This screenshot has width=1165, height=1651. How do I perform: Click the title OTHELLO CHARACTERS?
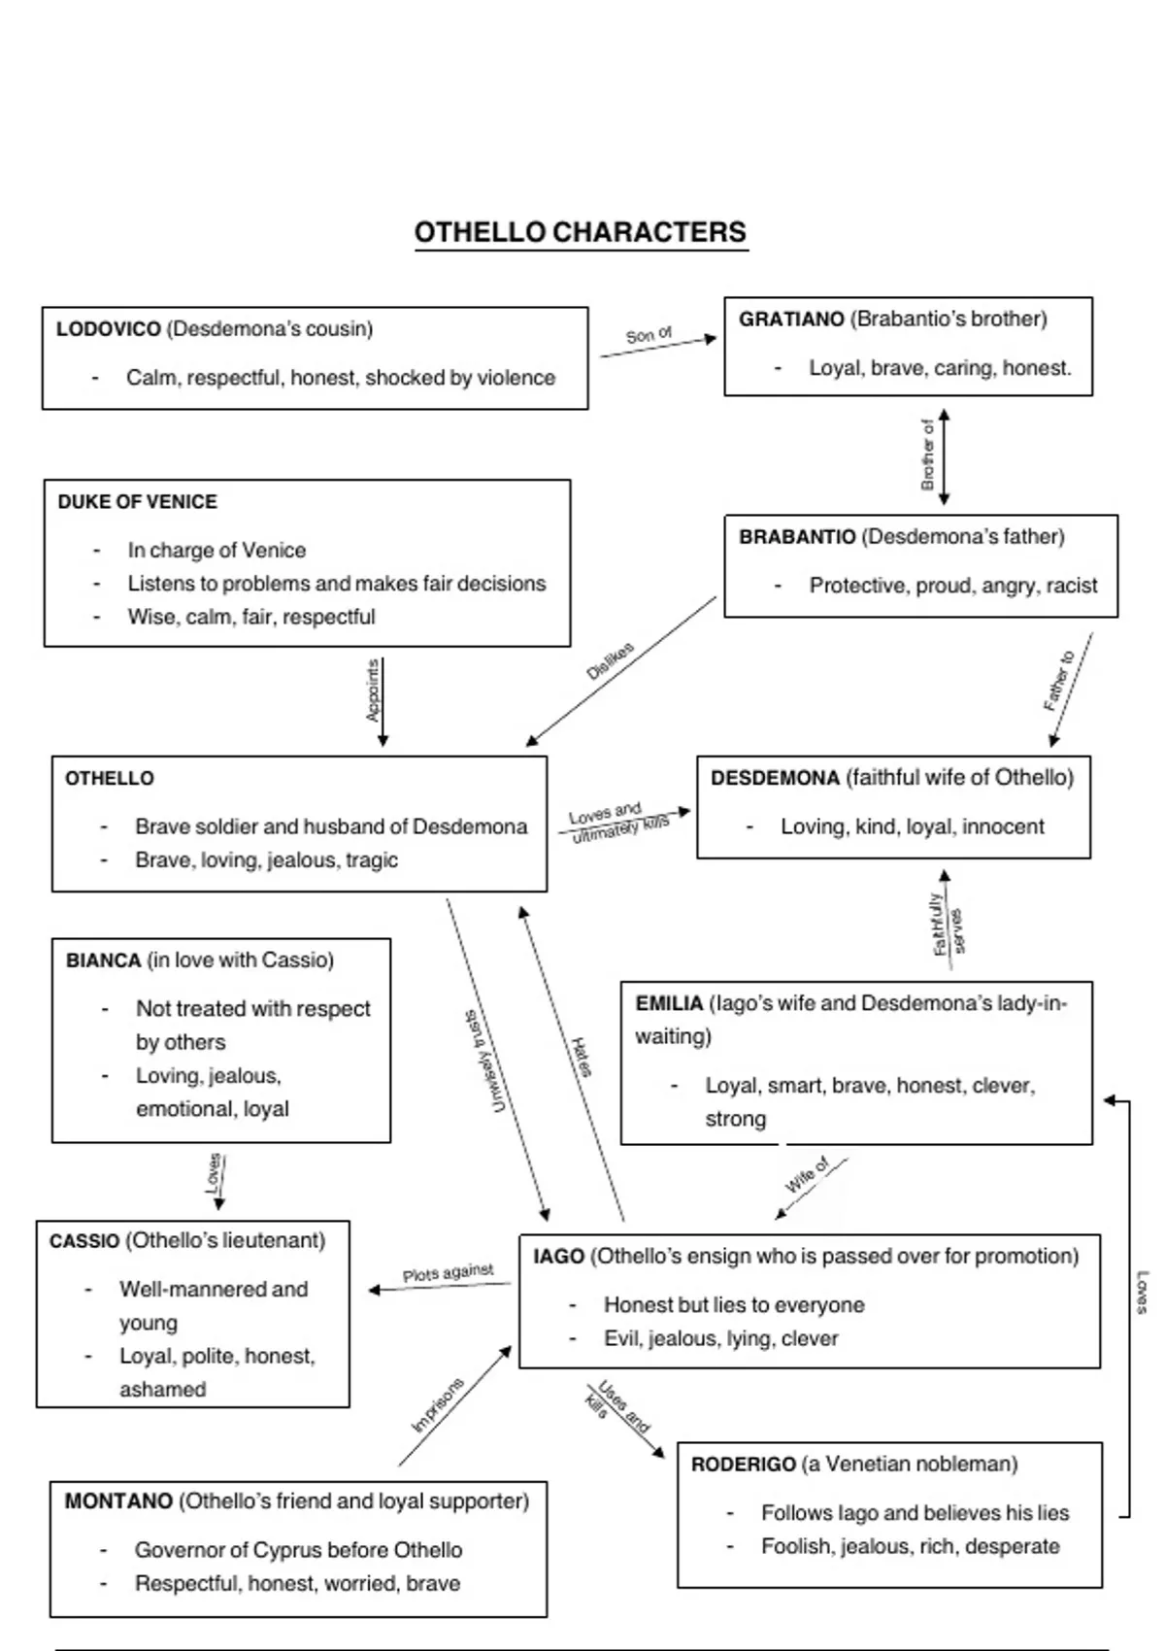(581, 233)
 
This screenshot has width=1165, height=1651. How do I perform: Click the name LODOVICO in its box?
(108, 329)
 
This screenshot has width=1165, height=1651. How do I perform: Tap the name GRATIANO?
(791, 320)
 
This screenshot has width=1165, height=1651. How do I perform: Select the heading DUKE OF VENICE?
(137, 502)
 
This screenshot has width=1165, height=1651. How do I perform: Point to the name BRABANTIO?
(797, 537)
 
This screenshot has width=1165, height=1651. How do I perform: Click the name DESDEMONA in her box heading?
(775, 778)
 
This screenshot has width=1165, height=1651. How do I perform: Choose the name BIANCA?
(103, 960)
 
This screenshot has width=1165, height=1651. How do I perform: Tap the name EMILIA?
(669, 1003)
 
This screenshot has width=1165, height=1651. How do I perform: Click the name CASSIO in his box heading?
(84, 1241)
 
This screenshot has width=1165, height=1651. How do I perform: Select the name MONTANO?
(118, 1501)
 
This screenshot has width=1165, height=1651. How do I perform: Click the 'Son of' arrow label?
(649, 335)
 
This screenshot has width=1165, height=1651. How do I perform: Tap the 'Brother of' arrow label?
(927, 455)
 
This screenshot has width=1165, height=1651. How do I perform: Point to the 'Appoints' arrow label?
(373, 691)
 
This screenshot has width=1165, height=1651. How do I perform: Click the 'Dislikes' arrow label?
(610, 660)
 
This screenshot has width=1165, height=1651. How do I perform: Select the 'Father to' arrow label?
(1059, 681)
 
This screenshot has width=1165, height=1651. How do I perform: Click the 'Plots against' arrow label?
(448, 1273)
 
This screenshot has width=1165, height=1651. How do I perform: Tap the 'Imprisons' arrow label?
(438, 1405)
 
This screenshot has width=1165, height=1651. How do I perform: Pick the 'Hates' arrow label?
(582, 1057)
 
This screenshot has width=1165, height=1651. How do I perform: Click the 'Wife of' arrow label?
(807, 1175)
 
